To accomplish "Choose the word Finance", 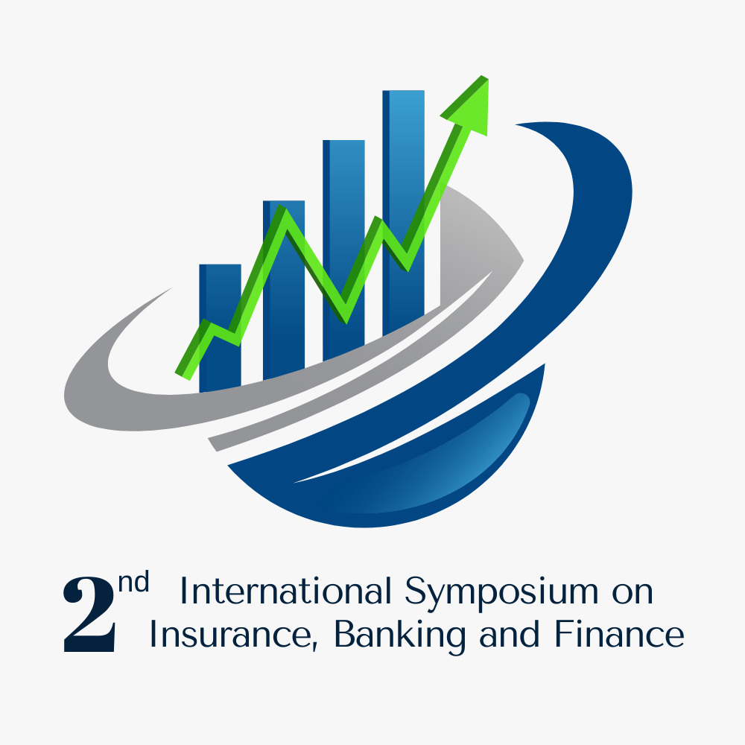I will click(x=618, y=635).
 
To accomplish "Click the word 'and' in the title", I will click(x=507, y=635).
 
